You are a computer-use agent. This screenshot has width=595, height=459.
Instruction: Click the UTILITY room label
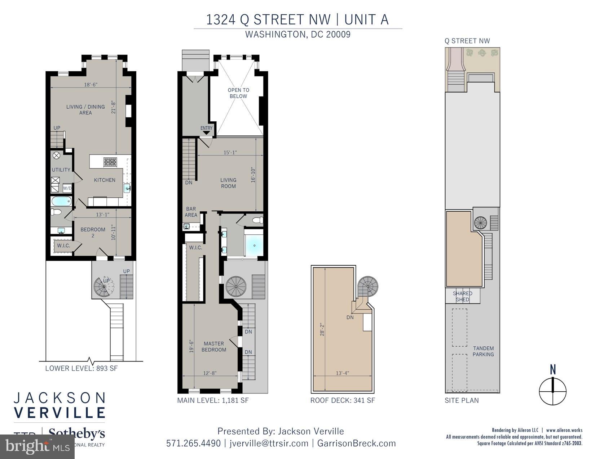(x=61, y=170)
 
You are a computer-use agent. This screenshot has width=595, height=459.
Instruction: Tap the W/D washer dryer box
(x=67, y=188)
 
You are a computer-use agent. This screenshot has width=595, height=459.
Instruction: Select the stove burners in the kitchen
(x=110, y=162)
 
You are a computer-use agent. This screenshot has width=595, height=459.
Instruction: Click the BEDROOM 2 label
(x=93, y=232)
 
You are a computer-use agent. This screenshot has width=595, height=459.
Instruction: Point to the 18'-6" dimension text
(x=91, y=85)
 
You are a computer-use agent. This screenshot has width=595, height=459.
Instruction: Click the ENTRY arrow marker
(x=206, y=132)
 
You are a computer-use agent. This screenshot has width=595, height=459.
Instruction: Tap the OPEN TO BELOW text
(x=238, y=93)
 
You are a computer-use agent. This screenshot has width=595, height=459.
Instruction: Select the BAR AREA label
(x=191, y=212)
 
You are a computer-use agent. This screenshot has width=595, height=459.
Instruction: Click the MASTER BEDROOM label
(x=214, y=346)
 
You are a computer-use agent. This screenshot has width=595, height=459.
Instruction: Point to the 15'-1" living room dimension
(x=230, y=152)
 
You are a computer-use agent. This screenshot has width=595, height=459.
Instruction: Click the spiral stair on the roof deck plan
(x=368, y=287)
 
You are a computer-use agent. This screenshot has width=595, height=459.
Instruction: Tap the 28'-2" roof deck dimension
(x=322, y=329)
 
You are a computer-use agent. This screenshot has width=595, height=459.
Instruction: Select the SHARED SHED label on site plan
(x=462, y=296)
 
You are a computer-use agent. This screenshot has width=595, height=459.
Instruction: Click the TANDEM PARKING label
(x=483, y=351)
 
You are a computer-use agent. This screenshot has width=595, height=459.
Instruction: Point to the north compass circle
(x=552, y=391)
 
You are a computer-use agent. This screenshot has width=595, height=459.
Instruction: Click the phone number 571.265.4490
(x=193, y=443)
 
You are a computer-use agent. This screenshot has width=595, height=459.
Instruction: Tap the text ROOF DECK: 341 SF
(x=343, y=400)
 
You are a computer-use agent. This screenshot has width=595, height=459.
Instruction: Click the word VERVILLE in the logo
(x=59, y=412)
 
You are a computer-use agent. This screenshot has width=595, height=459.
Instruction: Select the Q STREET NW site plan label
(x=467, y=41)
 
